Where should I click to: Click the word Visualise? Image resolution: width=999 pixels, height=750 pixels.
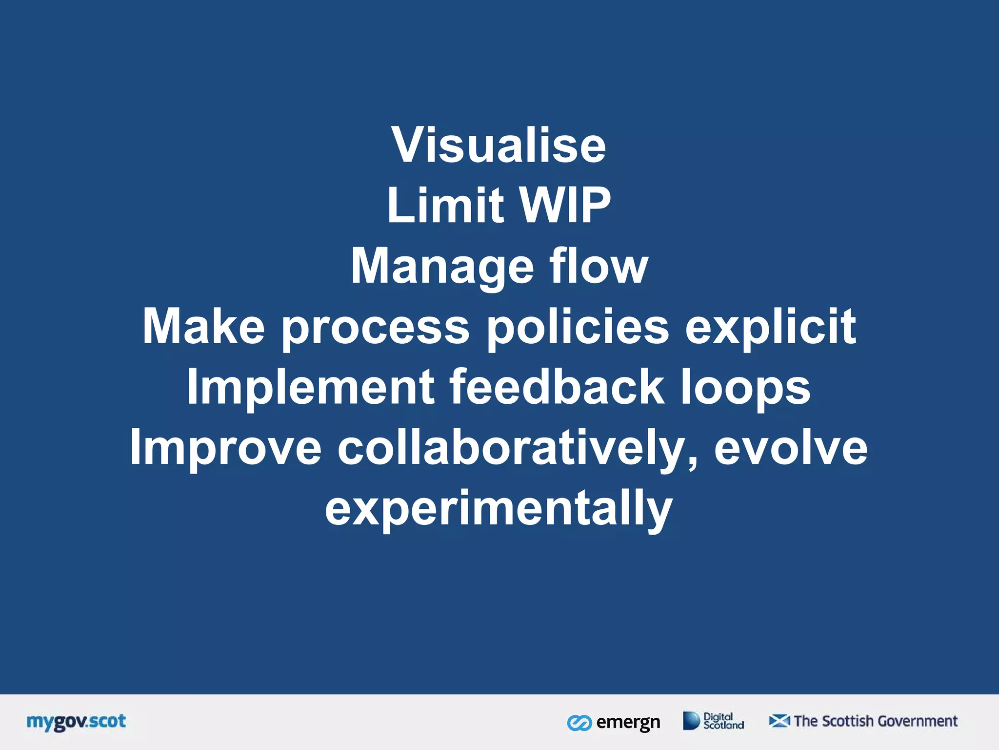pos(499,145)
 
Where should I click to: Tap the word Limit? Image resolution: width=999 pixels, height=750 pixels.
pos(445,206)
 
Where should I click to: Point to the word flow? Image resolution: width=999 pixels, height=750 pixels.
pos(599,266)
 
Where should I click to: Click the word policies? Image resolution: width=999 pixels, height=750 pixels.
pos(578,327)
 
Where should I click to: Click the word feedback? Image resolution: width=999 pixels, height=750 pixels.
pos(557,387)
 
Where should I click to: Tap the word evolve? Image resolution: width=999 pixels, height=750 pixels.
pos(791,448)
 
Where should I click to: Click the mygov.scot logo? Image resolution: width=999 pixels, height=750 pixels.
pos(76,722)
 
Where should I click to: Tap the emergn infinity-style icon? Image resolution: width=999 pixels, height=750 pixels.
pos(579,723)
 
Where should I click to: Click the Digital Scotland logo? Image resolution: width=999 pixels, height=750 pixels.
pos(713,721)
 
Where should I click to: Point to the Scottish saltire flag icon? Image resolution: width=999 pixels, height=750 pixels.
pos(779,721)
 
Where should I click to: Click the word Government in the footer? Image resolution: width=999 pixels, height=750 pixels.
pos(917,721)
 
